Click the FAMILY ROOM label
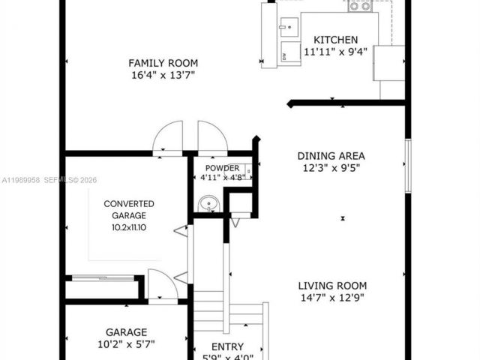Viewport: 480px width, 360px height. pyautogui.click(x=163, y=63)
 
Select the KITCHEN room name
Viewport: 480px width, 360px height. pyautogui.click(x=335, y=40)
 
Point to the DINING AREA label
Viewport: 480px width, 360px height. pyautogui.click(x=331, y=156)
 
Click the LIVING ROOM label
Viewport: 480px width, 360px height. pyautogui.click(x=332, y=285)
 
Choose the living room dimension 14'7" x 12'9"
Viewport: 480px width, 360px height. pyautogui.click(x=332, y=298)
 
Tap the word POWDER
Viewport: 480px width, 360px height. pyautogui.click(x=222, y=168)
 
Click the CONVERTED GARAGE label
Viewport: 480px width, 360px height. pyautogui.click(x=129, y=209)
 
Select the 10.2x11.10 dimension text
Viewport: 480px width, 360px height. pyautogui.click(x=129, y=227)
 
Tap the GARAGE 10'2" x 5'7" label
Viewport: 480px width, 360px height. pyautogui.click(x=125, y=338)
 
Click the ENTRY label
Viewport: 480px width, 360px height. pyautogui.click(x=227, y=346)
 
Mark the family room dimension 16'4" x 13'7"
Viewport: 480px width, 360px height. pyautogui.click(x=163, y=75)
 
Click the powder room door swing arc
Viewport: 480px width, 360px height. pyautogui.click(x=214, y=136)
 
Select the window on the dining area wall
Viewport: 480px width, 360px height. pyautogui.click(x=408, y=165)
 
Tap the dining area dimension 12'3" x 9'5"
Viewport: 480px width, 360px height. pyautogui.click(x=331, y=168)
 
